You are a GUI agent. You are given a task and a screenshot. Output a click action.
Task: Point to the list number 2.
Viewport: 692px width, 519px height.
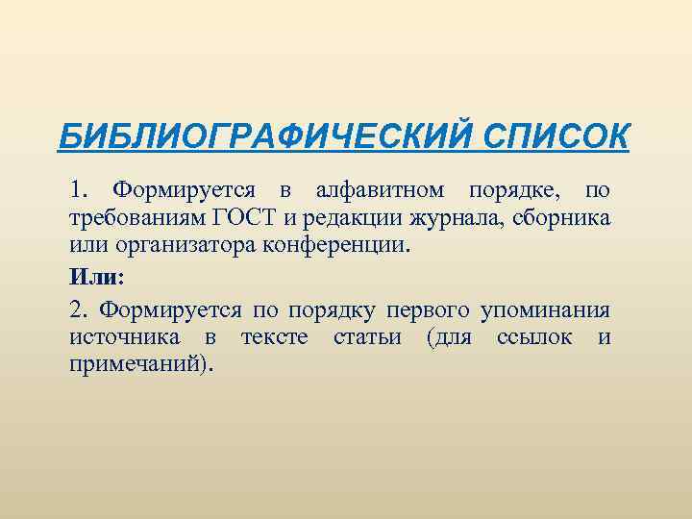pyautogui.click(x=77, y=310)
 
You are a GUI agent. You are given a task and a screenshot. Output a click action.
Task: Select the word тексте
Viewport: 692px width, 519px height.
pyautogui.click(x=274, y=338)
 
